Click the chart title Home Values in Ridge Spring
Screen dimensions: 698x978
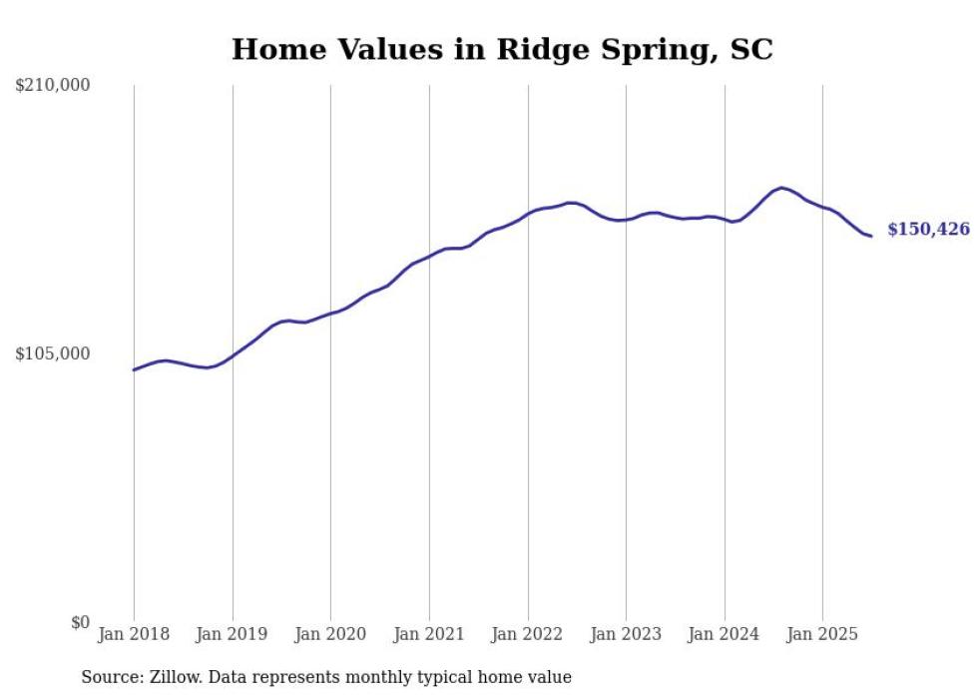point(502,49)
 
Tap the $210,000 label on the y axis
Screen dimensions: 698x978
point(53,86)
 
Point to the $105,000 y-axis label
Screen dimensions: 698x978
point(53,354)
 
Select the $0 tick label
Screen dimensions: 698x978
point(80,623)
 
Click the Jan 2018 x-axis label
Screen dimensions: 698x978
point(134,634)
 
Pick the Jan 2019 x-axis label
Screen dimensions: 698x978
point(233,634)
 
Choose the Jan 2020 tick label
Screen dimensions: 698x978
point(330,634)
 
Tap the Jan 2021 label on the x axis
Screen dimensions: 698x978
point(429,634)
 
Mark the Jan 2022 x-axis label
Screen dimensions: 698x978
point(528,634)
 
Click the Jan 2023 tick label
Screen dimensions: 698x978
point(626,634)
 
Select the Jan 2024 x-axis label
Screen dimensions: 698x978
point(725,634)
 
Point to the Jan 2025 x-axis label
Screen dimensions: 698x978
point(822,634)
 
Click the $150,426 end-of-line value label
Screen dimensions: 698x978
point(928,230)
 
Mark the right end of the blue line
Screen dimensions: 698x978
point(871,236)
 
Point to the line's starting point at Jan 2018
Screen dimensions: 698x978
point(134,369)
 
